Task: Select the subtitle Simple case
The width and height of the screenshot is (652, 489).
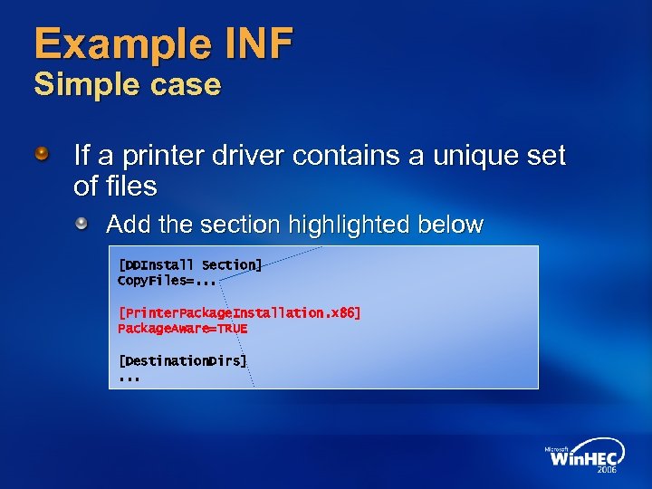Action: pos(127,85)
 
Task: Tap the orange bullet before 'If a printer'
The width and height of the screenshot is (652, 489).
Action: pos(43,157)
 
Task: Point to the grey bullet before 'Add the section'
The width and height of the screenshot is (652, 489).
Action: pos(82,223)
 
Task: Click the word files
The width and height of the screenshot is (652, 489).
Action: pos(130,187)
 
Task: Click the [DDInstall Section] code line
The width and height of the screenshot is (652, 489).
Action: pos(190,264)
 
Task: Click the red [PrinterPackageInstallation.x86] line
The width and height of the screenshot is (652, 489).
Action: pos(239,312)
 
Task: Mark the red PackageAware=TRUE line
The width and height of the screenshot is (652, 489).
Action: pos(182,329)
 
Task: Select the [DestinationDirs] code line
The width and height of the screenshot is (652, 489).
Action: pos(182,360)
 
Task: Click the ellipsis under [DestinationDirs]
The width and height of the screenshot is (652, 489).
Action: pos(129,378)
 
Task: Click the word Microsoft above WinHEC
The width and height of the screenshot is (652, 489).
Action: pos(556,446)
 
